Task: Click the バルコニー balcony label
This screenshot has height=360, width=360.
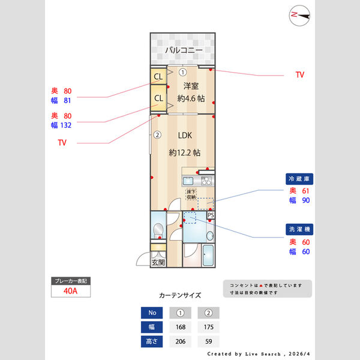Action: pyautogui.click(x=181, y=50)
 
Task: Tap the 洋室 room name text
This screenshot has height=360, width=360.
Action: pyautogui.click(x=191, y=85)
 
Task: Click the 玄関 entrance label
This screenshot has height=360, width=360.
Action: pyautogui.click(x=158, y=262)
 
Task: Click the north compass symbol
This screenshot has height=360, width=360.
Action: pyautogui.click(x=298, y=14)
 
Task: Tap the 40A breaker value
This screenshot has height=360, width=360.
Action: pyautogui.click(x=70, y=291)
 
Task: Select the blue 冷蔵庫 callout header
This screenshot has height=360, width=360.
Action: pyautogui.click(x=299, y=179)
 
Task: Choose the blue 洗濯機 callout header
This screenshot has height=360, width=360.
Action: pyautogui.click(x=299, y=229)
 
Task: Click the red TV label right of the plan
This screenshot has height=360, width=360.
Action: pyautogui.click(x=299, y=75)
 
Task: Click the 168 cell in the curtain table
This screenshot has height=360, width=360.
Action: pyautogui.click(x=181, y=328)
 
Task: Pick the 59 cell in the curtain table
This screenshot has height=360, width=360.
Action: pyautogui.click(x=209, y=341)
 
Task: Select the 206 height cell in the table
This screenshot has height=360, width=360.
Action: pyautogui.click(x=181, y=341)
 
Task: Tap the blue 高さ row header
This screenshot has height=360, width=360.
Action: pyautogui.click(x=151, y=341)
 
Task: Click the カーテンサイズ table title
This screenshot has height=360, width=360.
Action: pyautogui.click(x=180, y=296)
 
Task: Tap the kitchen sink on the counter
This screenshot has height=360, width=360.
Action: pyautogui.click(x=188, y=181)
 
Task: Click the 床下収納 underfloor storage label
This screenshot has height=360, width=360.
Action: pyautogui.click(x=191, y=194)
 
